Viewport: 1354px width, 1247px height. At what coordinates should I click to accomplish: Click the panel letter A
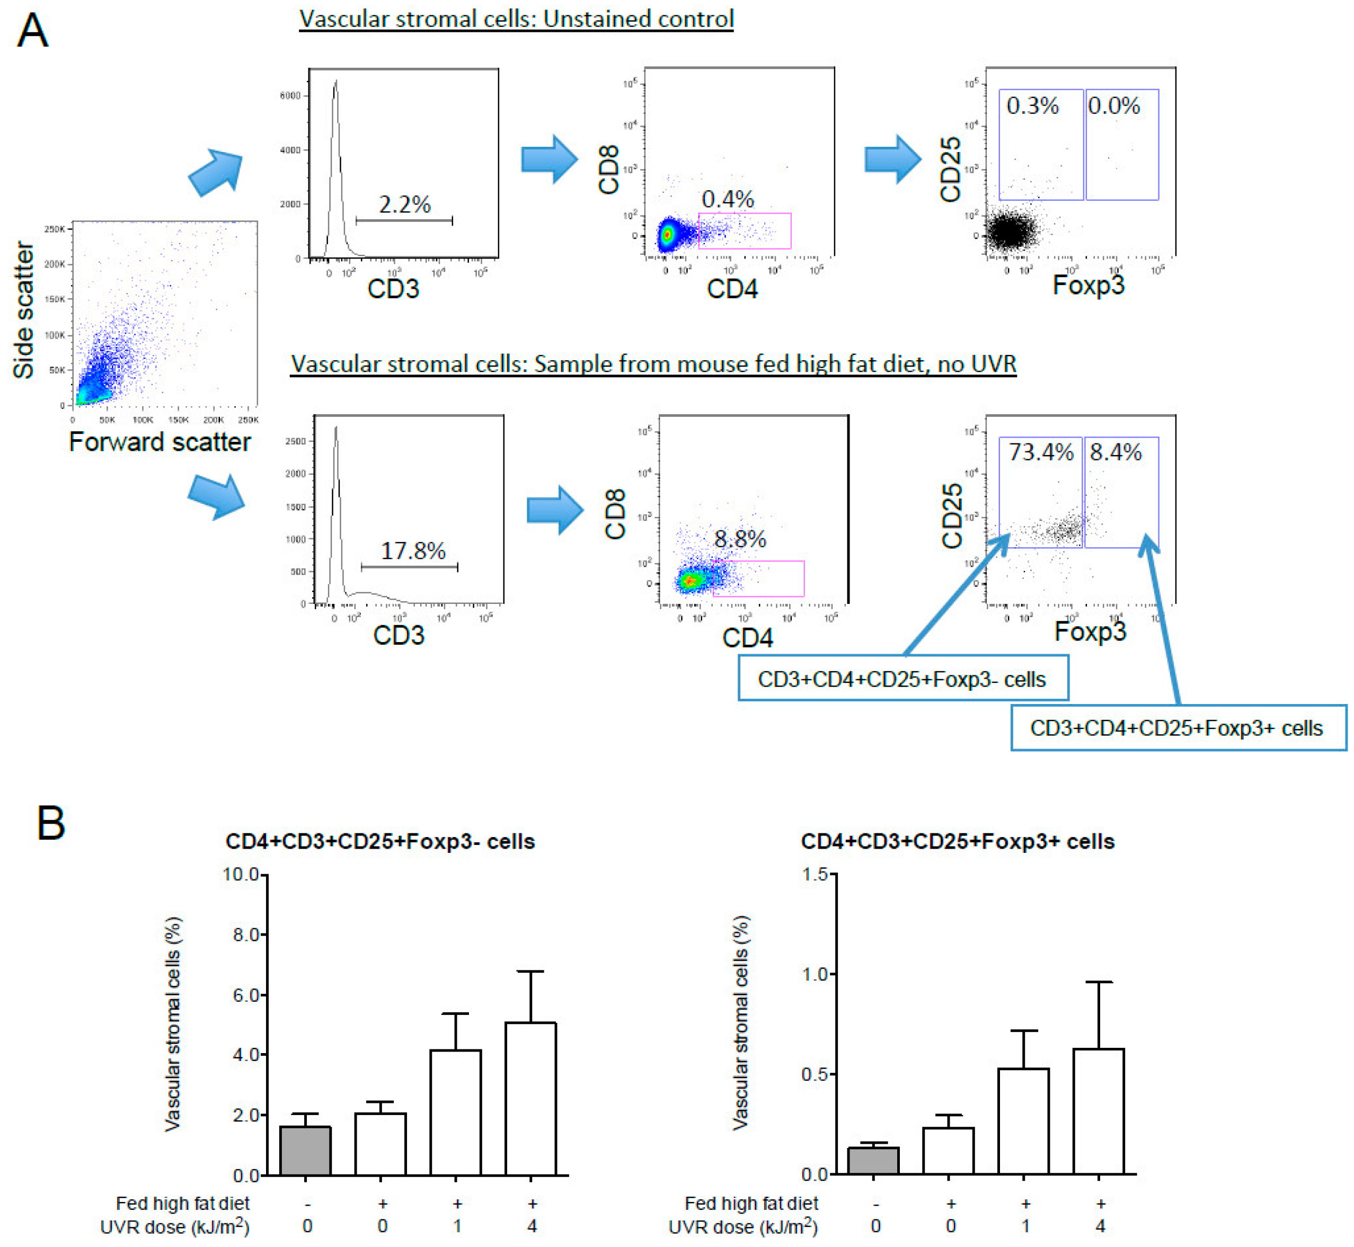point(32,31)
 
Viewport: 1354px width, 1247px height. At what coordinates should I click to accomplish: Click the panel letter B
point(51,823)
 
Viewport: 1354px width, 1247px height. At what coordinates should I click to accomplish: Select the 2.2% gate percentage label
point(404,204)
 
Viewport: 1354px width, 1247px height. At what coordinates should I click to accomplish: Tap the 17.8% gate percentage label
point(413,550)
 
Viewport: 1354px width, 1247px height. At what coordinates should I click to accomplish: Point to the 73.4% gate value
point(1040,451)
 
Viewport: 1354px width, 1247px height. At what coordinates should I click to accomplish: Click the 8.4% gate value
point(1115,451)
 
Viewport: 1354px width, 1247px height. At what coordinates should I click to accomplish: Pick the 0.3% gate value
point(1032,105)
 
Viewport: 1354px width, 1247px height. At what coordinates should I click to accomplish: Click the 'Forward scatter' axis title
point(160,442)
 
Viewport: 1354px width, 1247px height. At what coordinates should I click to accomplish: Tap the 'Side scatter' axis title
point(24,310)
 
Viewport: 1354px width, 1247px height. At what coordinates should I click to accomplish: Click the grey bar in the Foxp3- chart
point(306,1151)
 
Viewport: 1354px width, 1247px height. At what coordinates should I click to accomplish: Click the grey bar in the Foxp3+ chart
point(873,1161)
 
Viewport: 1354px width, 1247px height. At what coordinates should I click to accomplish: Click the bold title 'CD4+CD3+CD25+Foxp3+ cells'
point(957,841)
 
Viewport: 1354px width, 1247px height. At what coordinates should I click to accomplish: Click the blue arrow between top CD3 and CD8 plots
point(549,159)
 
